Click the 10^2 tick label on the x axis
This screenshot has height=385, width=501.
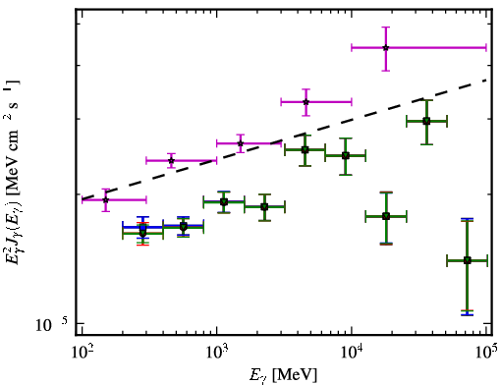tap(82, 353)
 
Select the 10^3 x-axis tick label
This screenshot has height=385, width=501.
tap(217, 353)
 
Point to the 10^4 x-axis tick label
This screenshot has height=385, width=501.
tap(352, 353)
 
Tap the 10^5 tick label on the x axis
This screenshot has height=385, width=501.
tap(487, 353)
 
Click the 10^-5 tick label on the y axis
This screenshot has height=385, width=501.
tap(52, 324)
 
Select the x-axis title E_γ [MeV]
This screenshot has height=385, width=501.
tap(283, 375)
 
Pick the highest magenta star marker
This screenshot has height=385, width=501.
tap(386, 48)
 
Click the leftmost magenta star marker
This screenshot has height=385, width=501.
tap(105, 199)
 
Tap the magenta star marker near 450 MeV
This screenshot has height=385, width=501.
tap(171, 160)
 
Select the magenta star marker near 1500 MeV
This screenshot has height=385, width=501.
tap(241, 143)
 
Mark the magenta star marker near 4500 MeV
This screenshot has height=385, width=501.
tap(306, 102)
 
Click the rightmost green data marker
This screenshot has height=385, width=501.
tap(468, 260)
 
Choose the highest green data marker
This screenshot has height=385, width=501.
tap(426, 122)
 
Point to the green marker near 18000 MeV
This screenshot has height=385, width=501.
tap(386, 216)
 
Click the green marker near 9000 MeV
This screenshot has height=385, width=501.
tap(346, 156)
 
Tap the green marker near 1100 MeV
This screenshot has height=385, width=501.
tap(224, 201)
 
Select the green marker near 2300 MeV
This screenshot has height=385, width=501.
tap(264, 207)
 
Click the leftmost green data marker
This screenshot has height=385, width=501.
tap(142, 233)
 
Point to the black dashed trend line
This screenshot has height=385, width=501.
tap(284, 139)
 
